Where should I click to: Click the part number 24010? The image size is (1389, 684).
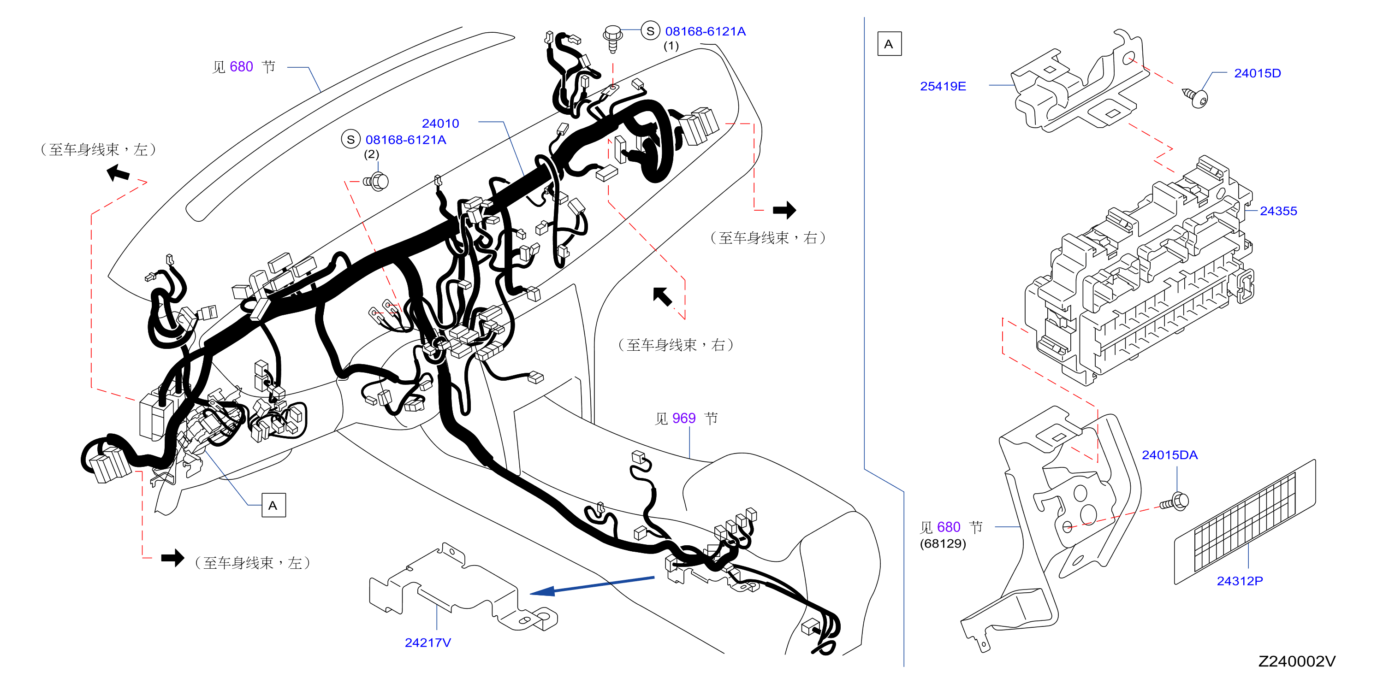coord(440,124)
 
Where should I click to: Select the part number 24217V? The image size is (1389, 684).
coord(427,643)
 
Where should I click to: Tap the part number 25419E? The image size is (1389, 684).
coord(943,86)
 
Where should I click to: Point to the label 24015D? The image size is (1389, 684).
coord(1257,73)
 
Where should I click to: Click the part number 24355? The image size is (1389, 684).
coord(1278,211)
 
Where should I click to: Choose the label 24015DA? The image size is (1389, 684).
coord(1169,455)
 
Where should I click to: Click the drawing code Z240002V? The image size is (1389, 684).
coord(1297,661)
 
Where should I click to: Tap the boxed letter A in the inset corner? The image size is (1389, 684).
coord(889,44)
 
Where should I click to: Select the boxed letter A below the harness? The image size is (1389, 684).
coord(273,506)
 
